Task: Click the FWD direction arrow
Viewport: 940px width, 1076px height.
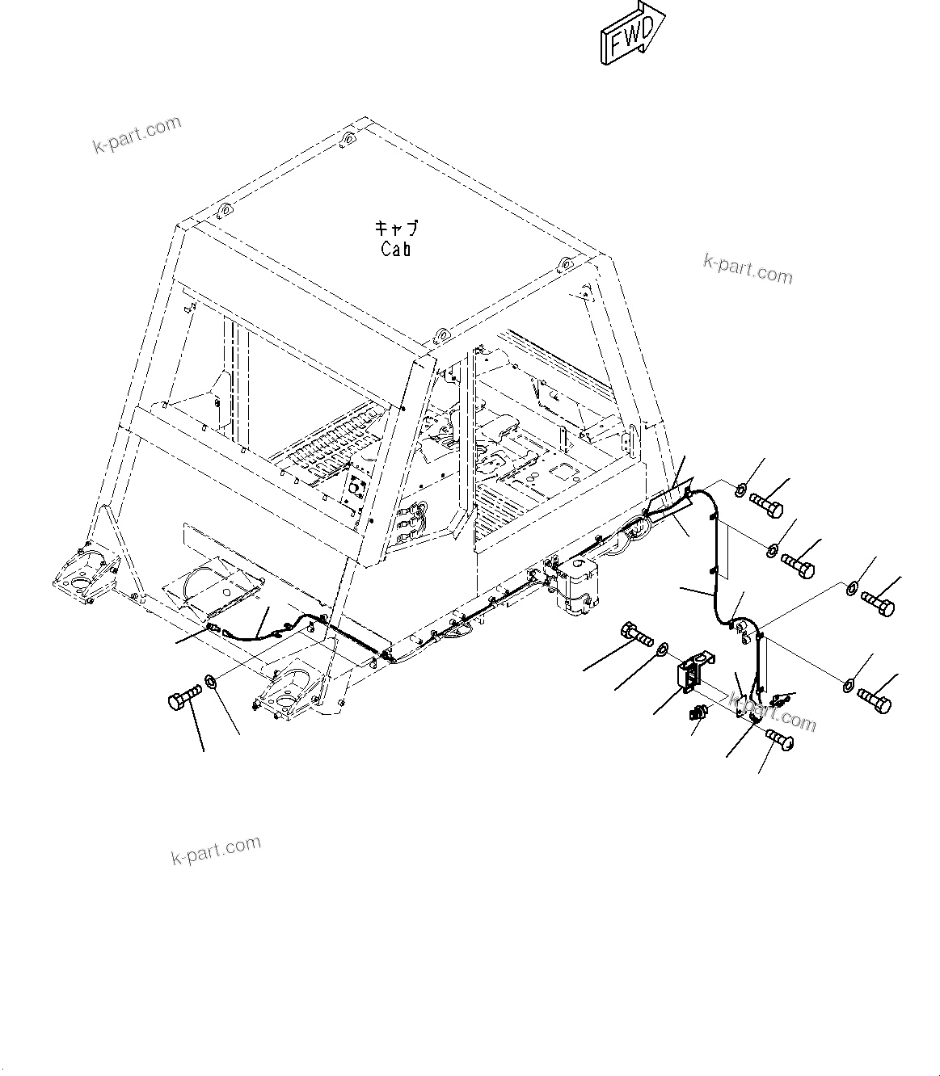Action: coord(631,33)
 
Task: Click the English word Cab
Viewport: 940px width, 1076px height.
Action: coord(396,250)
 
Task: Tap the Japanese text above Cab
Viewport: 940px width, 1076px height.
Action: coord(397,229)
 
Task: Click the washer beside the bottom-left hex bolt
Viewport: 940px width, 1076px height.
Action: coord(211,683)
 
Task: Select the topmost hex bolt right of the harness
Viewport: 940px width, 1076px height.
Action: coord(765,506)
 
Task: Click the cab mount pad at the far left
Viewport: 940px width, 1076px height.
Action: coord(82,576)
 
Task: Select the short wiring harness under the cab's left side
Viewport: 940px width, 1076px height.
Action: coord(267,629)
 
